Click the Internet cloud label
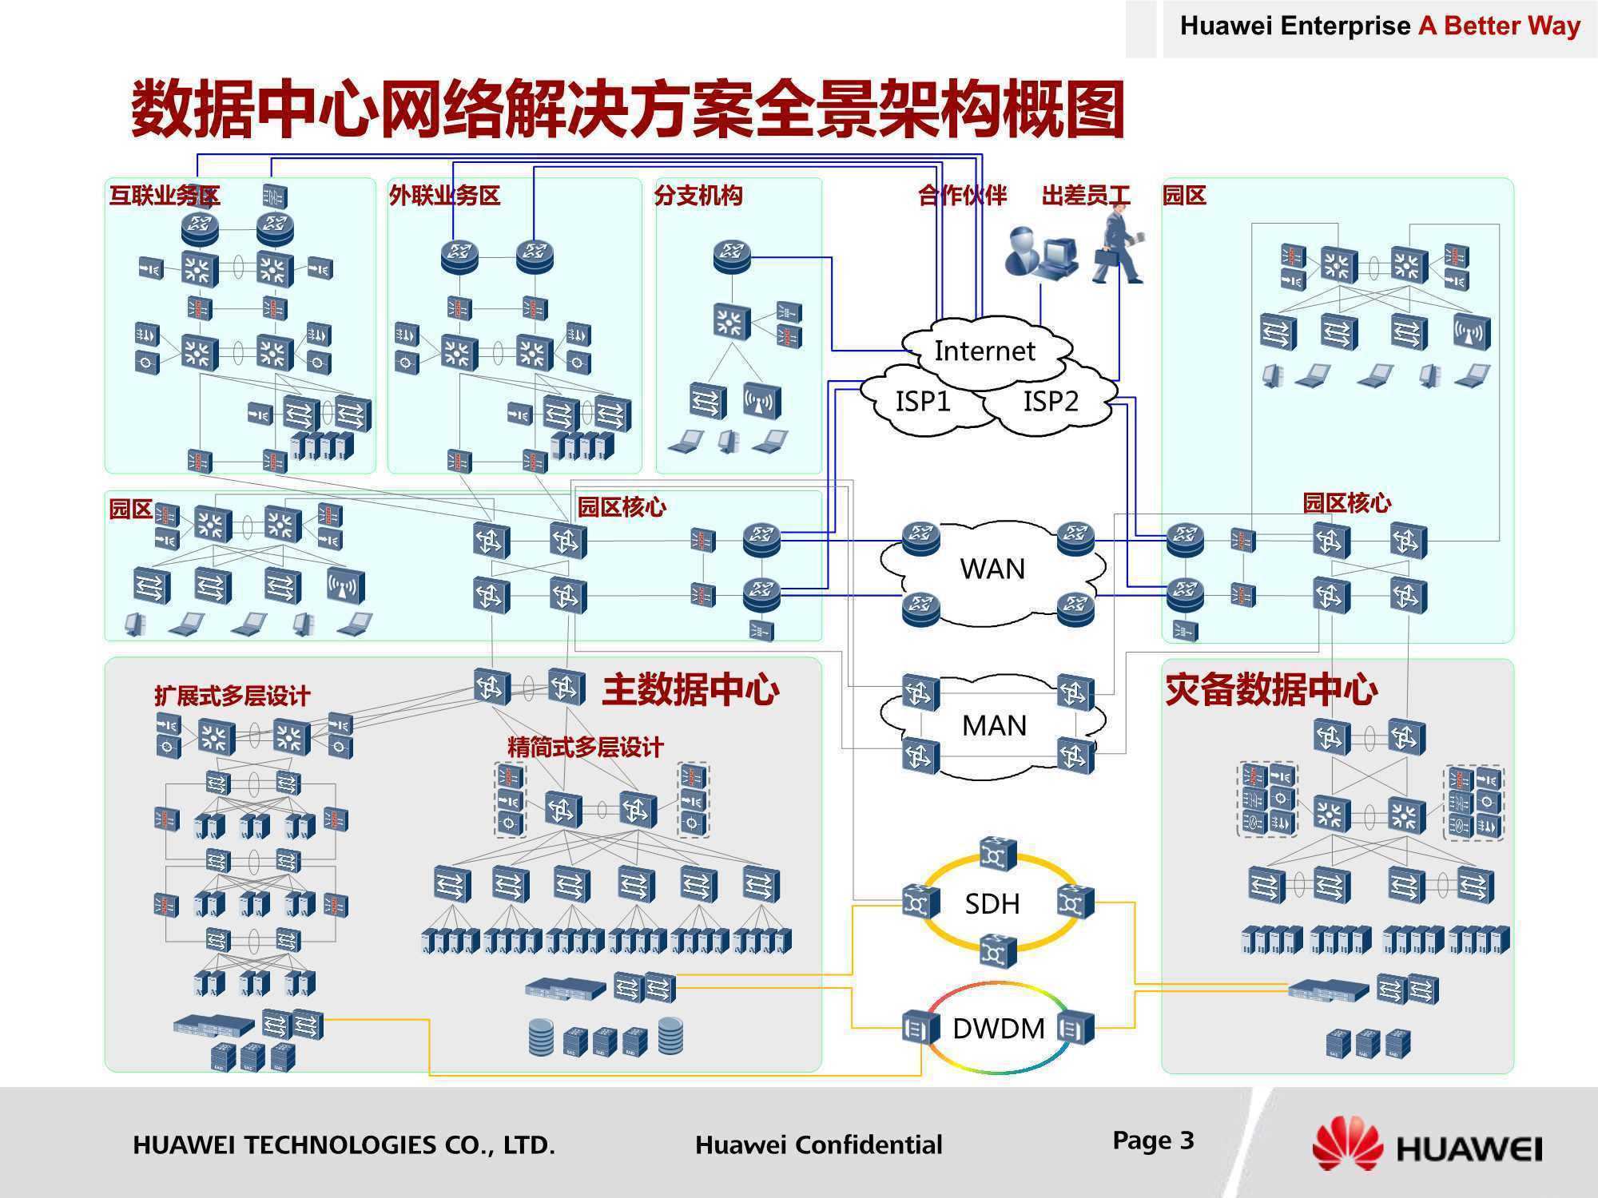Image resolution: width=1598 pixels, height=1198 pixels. point(984,351)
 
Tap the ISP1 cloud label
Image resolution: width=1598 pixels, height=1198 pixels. point(923,401)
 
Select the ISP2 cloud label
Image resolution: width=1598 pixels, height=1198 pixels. point(1051,401)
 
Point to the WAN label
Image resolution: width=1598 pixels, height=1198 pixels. point(992,569)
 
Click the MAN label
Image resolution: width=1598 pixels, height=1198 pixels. point(994,725)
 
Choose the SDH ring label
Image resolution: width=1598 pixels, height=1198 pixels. point(992,904)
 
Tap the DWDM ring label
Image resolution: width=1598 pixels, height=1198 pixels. point(999,1029)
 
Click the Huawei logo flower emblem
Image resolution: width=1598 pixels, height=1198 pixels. point(1347,1144)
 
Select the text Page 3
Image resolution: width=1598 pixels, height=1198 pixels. point(1153,1140)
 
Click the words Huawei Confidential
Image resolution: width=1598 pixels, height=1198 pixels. point(819,1145)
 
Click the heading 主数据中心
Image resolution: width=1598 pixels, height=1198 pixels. point(690,690)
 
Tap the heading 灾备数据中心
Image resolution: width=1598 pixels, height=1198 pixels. point(1271,690)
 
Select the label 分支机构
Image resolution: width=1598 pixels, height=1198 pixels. point(698,196)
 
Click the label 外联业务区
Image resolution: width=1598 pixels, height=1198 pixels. point(444,196)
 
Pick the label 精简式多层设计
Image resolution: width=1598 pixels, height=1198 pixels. point(586,748)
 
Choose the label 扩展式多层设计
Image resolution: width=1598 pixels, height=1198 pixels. point(233,696)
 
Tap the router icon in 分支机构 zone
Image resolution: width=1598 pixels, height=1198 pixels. point(732,257)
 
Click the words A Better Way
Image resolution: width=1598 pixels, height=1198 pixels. point(1500,26)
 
